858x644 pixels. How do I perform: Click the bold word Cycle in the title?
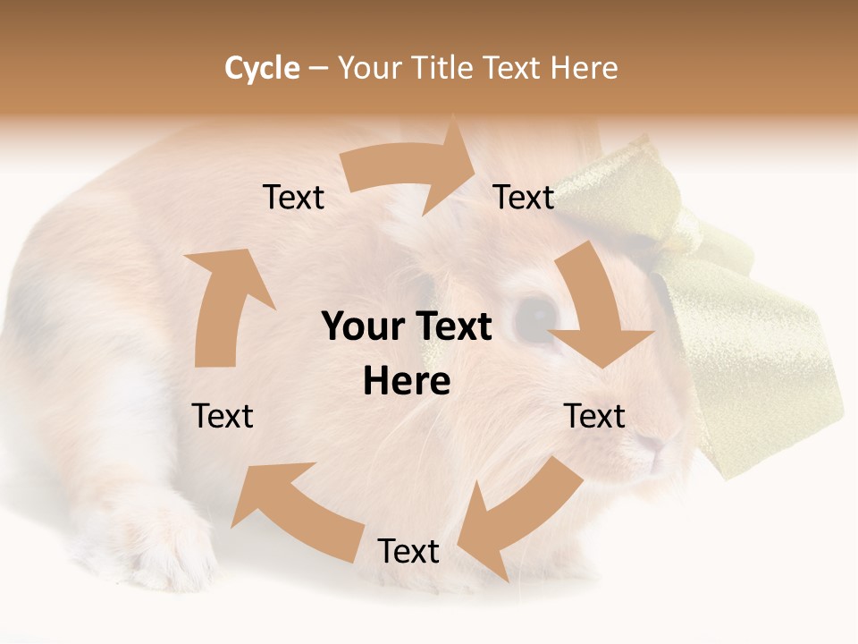[262, 68]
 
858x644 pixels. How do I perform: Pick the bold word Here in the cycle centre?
[407, 382]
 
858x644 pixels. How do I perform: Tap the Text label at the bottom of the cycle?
[408, 552]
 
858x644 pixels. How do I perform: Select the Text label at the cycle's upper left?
[294, 198]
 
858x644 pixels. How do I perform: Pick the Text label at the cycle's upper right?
[524, 198]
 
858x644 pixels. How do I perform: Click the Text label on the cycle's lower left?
[223, 416]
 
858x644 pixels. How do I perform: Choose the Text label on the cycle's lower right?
[594, 416]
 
